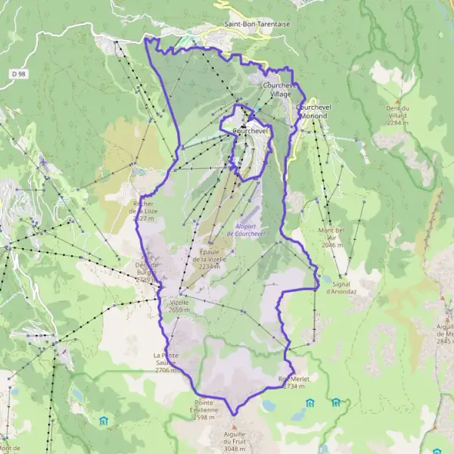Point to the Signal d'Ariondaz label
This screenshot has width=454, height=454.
pos(340,286)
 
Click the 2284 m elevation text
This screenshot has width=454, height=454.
pos(398,121)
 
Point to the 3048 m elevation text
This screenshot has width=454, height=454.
pos(229,447)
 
